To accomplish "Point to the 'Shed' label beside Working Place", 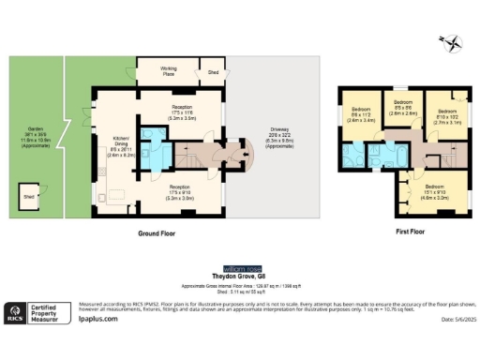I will (x=213, y=71).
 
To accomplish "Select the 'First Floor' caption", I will (x=405, y=230).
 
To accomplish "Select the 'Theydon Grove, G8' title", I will (x=243, y=277).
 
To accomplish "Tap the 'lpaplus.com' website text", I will (x=97, y=319).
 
